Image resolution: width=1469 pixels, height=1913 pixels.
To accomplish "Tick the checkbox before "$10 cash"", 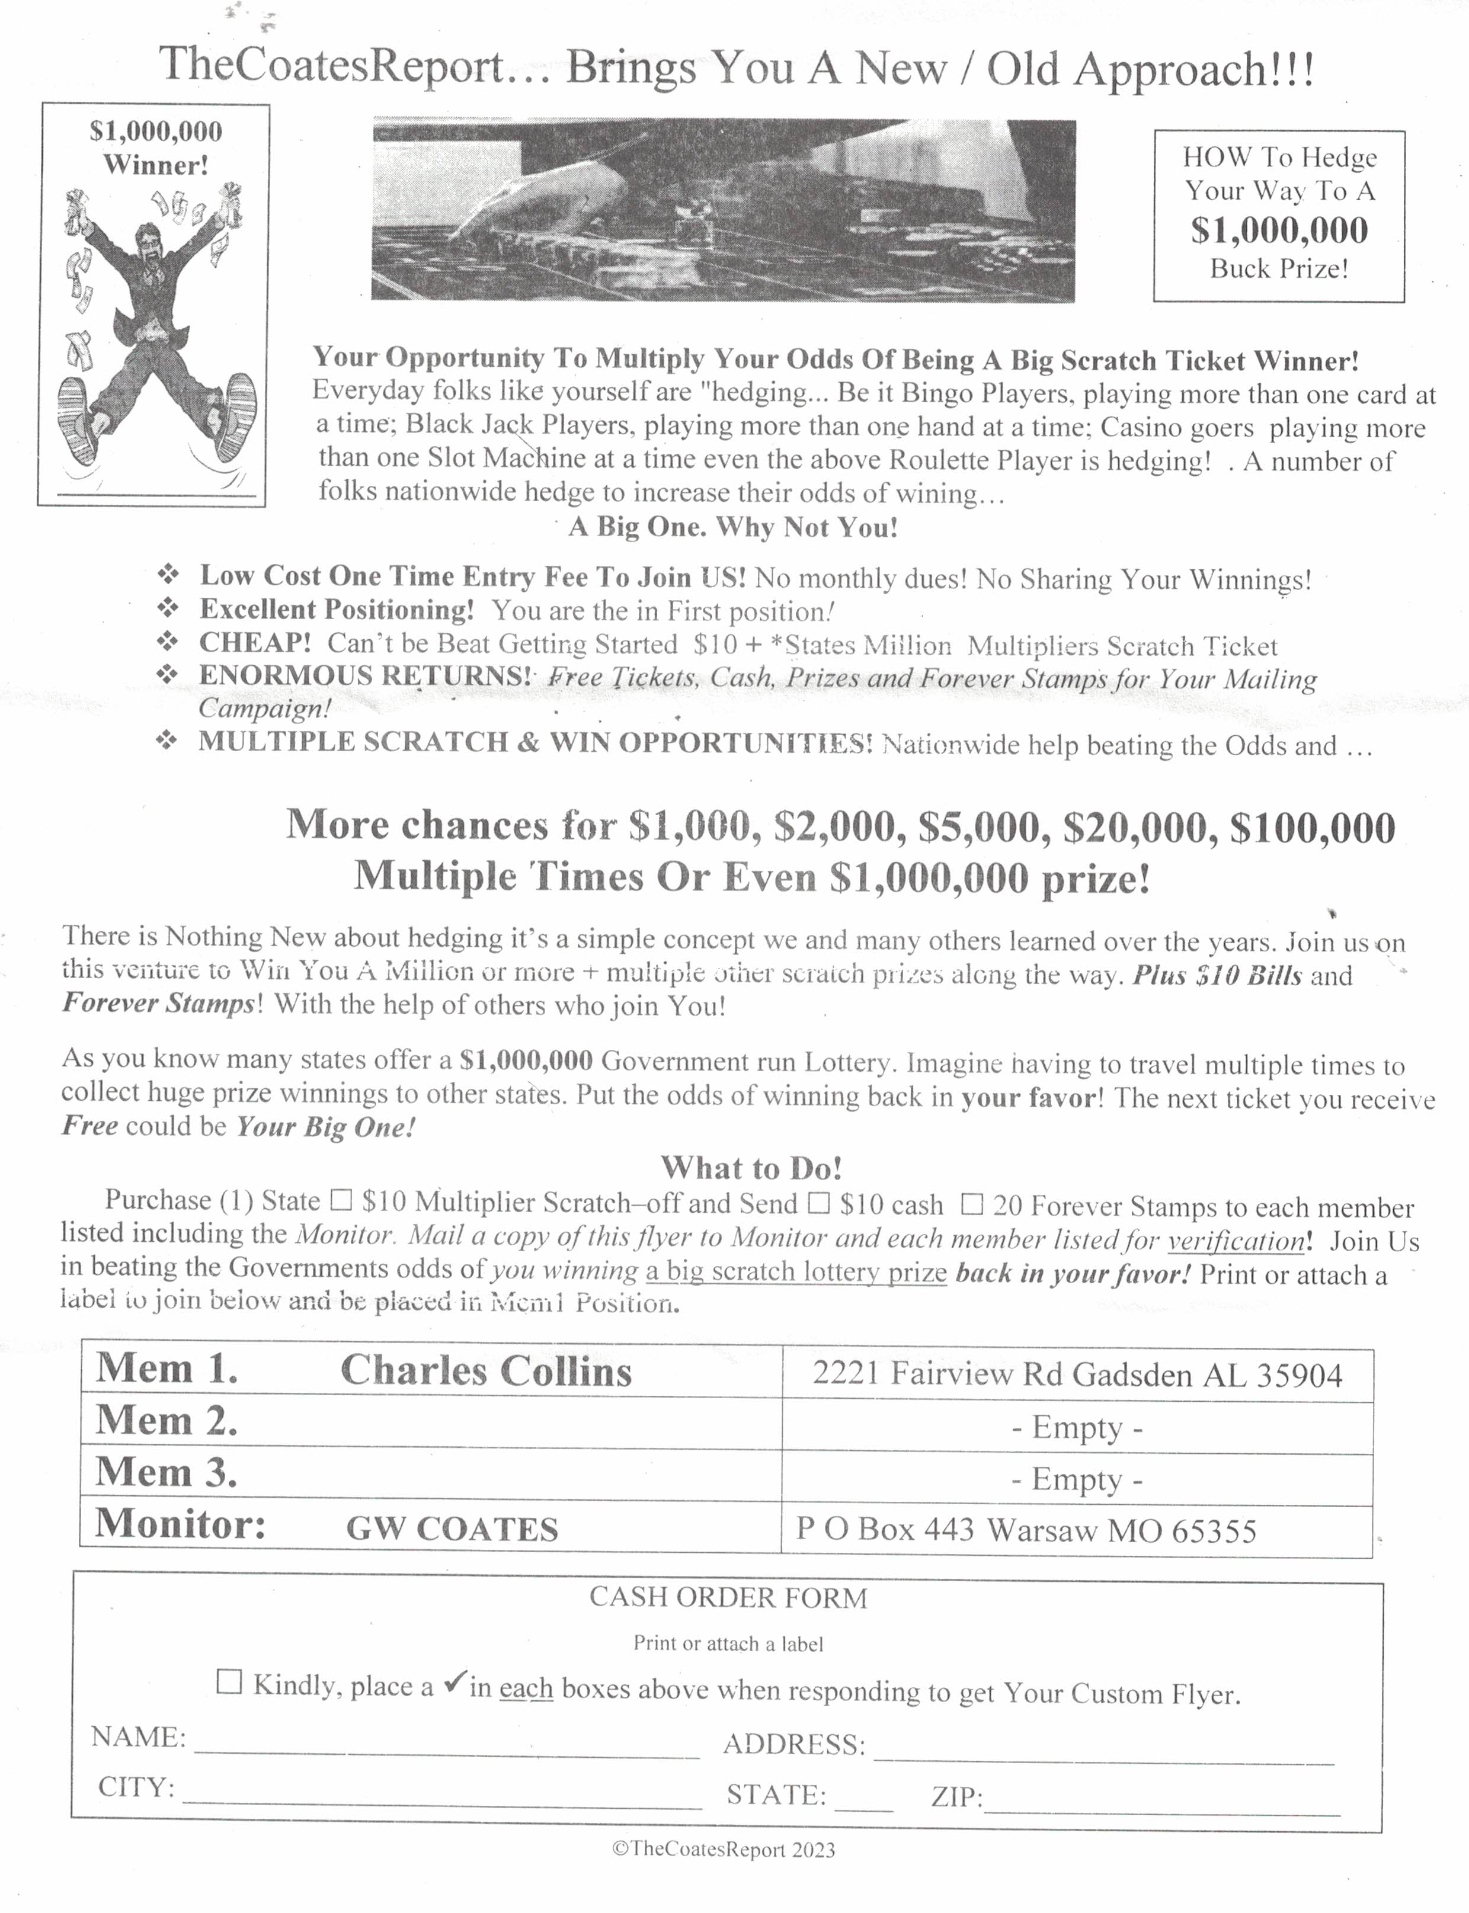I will (x=818, y=1203).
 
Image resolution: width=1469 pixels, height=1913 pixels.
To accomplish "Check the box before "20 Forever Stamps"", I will (x=971, y=1205).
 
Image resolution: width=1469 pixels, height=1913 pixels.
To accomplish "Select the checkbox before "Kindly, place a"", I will (x=229, y=1681).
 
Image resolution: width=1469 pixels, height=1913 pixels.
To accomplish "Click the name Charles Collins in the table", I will (x=485, y=1371).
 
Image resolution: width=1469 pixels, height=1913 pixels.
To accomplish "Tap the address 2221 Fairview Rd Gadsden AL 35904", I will (x=1076, y=1375).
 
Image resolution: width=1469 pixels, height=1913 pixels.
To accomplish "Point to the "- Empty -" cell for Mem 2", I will (x=1076, y=1428).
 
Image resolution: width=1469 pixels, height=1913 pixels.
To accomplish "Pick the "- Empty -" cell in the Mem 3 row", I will (x=1076, y=1479).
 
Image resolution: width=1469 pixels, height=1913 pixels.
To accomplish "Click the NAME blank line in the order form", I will (x=446, y=1749).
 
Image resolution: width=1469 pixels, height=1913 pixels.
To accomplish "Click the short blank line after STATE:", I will (x=864, y=1801).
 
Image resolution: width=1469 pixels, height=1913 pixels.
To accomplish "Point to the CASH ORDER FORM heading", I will (x=728, y=1597).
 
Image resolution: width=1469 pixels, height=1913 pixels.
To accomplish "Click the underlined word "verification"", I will (x=1236, y=1241).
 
